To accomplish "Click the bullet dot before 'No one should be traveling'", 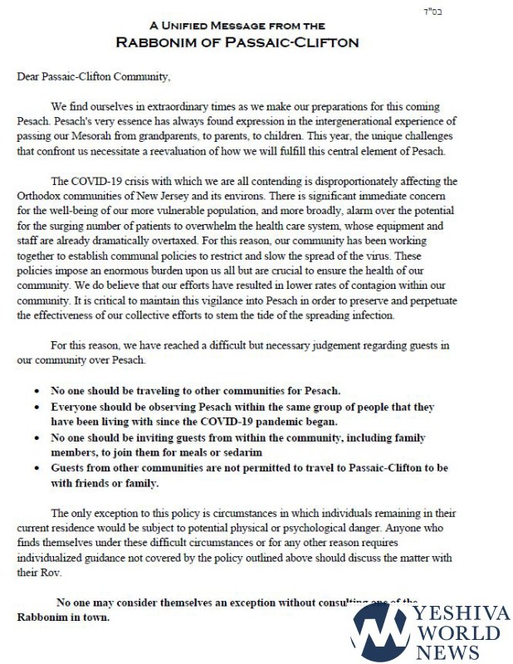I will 37,390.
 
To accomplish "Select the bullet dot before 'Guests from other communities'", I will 37,469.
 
